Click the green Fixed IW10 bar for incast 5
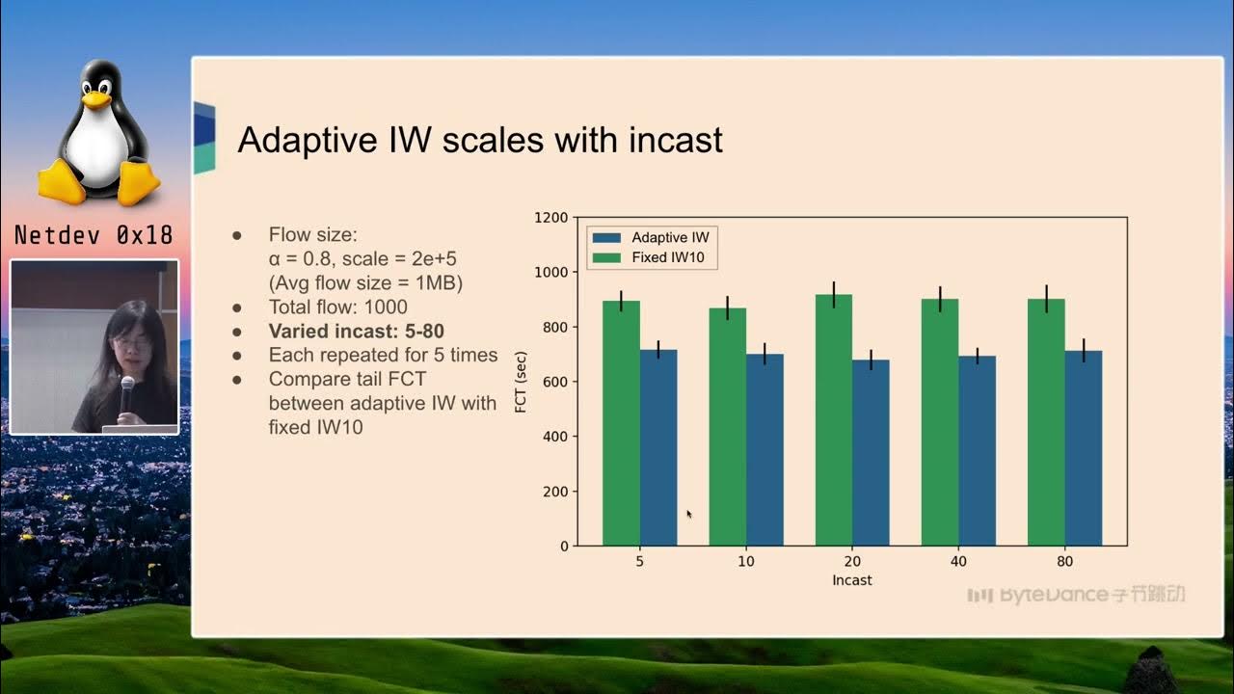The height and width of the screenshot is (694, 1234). (621, 424)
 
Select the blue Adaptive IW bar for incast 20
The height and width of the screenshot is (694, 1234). (871, 453)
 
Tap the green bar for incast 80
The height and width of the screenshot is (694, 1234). (1046, 424)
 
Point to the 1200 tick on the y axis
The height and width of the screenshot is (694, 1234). (551, 218)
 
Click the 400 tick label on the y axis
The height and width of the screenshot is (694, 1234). (555, 437)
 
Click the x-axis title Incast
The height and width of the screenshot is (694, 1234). (851, 580)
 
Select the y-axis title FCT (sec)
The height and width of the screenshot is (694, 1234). (521, 382)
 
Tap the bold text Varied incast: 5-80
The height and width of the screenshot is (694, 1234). (356, 332)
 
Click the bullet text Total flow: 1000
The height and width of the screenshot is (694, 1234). (337, 307)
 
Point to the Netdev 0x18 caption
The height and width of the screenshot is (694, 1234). (94, 235)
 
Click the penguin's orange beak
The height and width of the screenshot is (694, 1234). (95, 98)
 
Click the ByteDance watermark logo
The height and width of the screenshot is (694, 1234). (1076, 595)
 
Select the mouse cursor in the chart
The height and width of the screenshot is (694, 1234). (688, 514)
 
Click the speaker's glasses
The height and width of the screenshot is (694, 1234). (132, 343)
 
